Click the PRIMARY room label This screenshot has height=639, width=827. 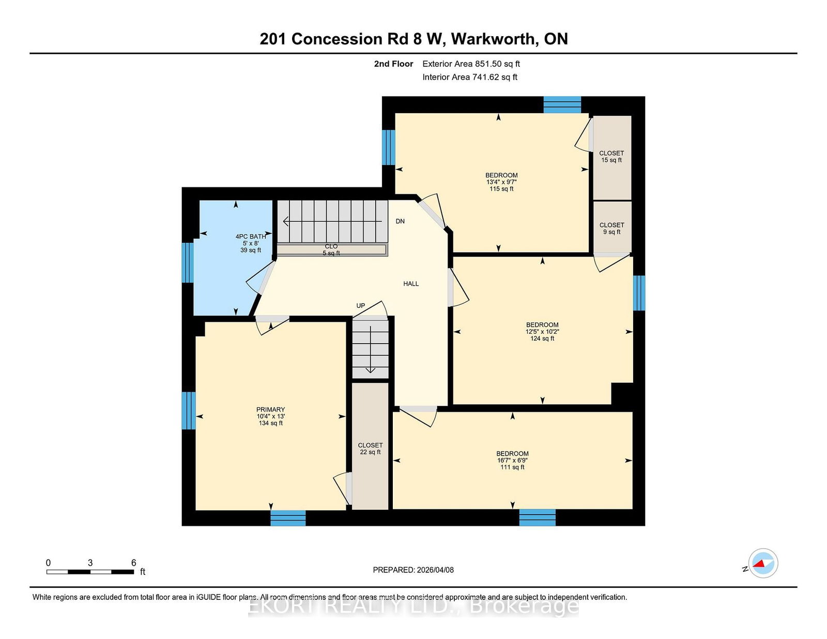[270, 409]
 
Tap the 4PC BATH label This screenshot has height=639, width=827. [250, 237]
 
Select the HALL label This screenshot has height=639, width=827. [410, 284]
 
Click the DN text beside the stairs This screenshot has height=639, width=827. [400, 222]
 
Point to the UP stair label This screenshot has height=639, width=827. [360, 306]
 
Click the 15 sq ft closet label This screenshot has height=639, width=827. [611, 157]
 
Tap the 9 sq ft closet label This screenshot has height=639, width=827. [611, 229]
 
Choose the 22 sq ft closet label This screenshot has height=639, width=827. [370, 449]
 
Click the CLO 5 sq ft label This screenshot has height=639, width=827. [331, 250]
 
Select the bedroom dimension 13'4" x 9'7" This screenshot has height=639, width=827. [501, 182]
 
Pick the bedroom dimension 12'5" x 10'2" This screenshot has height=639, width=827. [542, 332]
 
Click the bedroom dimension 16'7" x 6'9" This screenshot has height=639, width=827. [512, 461]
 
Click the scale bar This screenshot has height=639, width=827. [90, 572]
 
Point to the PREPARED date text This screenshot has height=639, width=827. [413, 570]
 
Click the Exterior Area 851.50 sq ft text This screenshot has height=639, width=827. [471, 64]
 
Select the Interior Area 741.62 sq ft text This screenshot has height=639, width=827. [470, 77]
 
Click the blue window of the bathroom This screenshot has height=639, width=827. [188, 262]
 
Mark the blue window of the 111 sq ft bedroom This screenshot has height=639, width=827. [537, 518]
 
